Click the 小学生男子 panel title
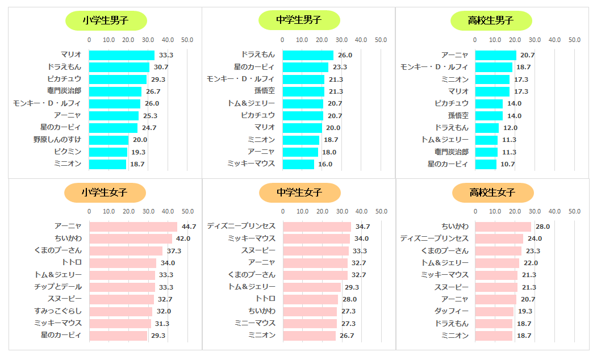coord(106,20)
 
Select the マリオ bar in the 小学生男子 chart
coord(122,55)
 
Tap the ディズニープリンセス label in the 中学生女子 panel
coord(241,227)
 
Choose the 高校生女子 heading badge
coord(492,192)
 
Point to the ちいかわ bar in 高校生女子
coord(503,227)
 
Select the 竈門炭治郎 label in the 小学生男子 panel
coord(64,91)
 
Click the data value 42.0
coord(183,238)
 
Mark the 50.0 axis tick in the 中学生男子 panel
coord(381,40)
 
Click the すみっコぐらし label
coord(58,311)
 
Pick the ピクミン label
coord(68,152)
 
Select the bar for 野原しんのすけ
coord(108,140)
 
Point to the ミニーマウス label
coord(255,323)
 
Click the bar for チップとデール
coord(122,287)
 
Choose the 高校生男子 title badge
coord(491,20)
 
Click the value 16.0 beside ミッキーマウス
coord(325,164)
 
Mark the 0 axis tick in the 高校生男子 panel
coord(475,40)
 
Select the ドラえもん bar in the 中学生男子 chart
coord(308,55)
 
